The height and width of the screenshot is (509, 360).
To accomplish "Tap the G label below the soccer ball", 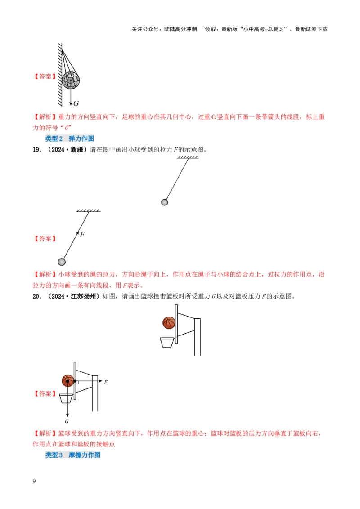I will pos(76,103).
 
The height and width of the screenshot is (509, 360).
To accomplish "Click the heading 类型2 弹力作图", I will pos(70,138).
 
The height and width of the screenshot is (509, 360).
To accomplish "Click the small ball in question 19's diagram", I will pos(165,202).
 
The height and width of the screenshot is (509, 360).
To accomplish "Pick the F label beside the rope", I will pos(82,234).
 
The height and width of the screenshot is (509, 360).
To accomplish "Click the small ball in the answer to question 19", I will pos(62,262).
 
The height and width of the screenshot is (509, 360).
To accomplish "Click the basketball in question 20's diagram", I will pos(169,323).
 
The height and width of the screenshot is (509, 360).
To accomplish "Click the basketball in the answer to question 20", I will pos(67,381).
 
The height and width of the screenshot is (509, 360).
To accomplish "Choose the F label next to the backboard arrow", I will pos(106,382).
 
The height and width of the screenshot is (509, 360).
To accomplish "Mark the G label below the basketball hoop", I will pos(66,421).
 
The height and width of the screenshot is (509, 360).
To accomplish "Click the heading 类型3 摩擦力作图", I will pos(72,455).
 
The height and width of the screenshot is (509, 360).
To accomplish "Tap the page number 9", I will pos(34,482).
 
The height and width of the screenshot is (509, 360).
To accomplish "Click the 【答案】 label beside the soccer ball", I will pos(45,77).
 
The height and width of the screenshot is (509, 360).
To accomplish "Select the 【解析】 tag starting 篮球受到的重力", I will pos(45,433).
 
